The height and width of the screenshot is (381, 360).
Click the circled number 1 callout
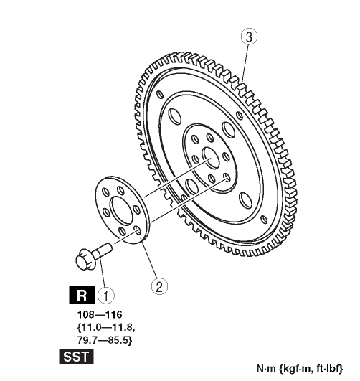tap(105, 296)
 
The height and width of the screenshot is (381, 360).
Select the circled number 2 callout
tap(159, 286)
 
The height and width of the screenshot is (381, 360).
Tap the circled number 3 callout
tap(249, 37)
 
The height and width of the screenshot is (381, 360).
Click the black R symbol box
tap(82, 295)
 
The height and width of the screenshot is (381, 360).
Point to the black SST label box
tap(76, 357)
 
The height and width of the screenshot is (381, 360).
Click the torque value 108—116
tap(100, 315)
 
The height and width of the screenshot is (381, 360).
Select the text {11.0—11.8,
tap(106, 327)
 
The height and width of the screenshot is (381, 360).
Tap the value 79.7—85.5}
tap(105, 340)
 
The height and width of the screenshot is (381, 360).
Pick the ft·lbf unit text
tap(329, 369)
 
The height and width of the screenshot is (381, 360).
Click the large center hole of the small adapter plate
tap(122, 210)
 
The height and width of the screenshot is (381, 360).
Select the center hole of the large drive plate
tap(211, 158)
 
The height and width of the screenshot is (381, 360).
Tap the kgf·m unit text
tap(296, 369)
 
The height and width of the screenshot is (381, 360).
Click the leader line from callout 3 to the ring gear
tap(245, 63)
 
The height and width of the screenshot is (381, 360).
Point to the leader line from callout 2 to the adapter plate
tap(149, 258)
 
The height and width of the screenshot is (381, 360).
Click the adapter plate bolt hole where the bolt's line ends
tap(138, 230)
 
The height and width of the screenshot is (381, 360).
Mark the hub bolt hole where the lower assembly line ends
tap(227, 178)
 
